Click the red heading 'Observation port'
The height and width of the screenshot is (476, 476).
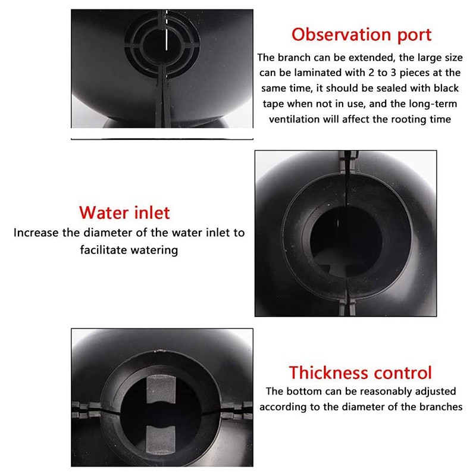[361, 35]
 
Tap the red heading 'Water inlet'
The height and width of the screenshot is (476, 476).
[124, 212]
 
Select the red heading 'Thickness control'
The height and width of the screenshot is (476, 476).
[361, 372]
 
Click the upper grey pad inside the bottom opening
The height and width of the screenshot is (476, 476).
[160, 389]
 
